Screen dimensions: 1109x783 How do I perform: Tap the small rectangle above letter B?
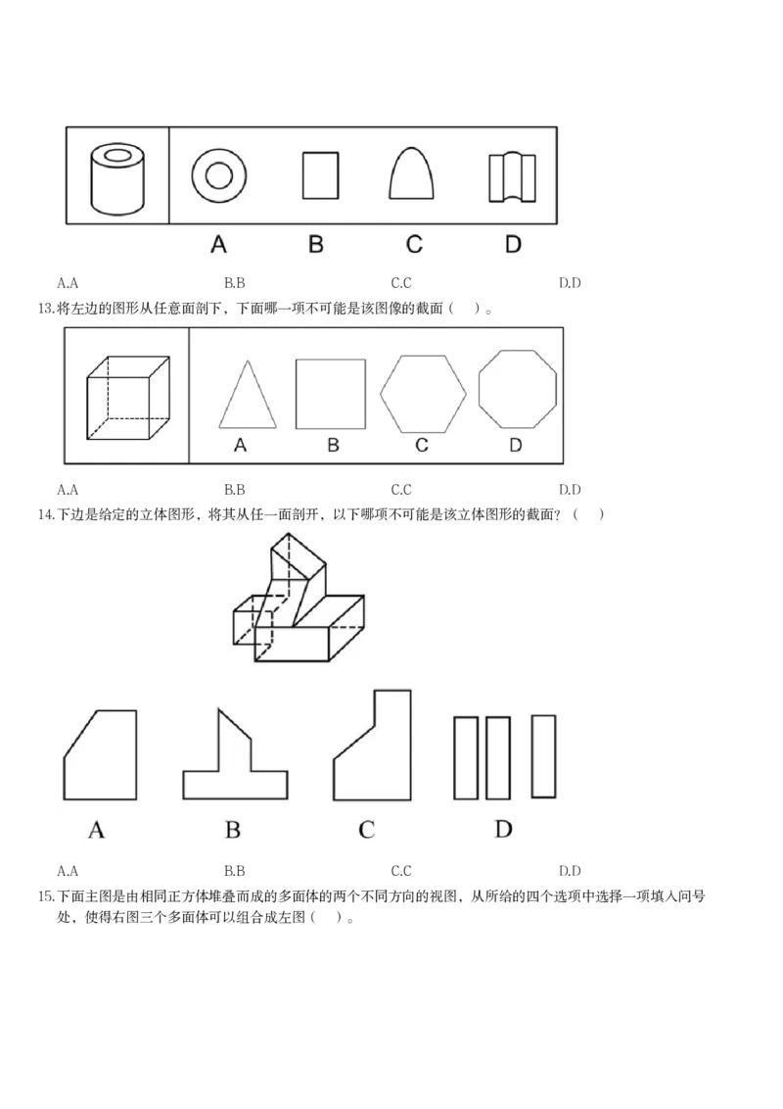tap(319, 175)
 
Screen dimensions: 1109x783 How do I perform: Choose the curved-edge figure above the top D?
tap(513, 177)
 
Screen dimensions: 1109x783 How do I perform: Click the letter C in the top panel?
tap(414, 244)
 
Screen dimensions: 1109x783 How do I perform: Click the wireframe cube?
tap(128, 400)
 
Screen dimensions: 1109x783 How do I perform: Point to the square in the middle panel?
tap(331, 394)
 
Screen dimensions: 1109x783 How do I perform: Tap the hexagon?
tap(423, 393)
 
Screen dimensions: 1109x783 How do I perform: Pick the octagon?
tap(518, 388)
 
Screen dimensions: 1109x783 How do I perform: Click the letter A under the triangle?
tap(241, 447)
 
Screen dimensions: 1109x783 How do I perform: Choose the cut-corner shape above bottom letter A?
tap(101, 756)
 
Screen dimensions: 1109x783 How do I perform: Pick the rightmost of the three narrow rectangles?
tap(543, 755)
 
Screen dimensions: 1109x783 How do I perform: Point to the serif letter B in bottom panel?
tap(233, 831)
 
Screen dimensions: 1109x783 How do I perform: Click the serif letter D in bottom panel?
tap(503, 830)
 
